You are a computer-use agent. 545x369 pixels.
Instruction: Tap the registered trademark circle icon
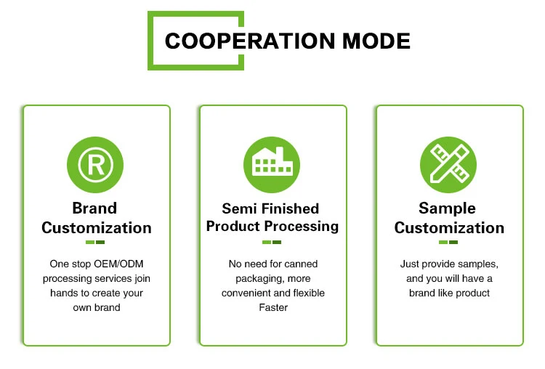click(95, 164)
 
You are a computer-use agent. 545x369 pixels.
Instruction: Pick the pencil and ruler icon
click(448, 164)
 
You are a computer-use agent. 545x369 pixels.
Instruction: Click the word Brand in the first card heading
click(95, 208)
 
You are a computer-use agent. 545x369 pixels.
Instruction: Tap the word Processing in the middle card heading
click(302, 226)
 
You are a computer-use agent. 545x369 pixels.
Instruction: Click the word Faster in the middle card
click(272, 307)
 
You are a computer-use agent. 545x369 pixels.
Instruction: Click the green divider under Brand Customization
click(95, 242)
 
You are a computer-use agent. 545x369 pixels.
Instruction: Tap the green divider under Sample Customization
click(448, 242)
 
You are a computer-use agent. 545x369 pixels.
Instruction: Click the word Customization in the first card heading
click(96, 227)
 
